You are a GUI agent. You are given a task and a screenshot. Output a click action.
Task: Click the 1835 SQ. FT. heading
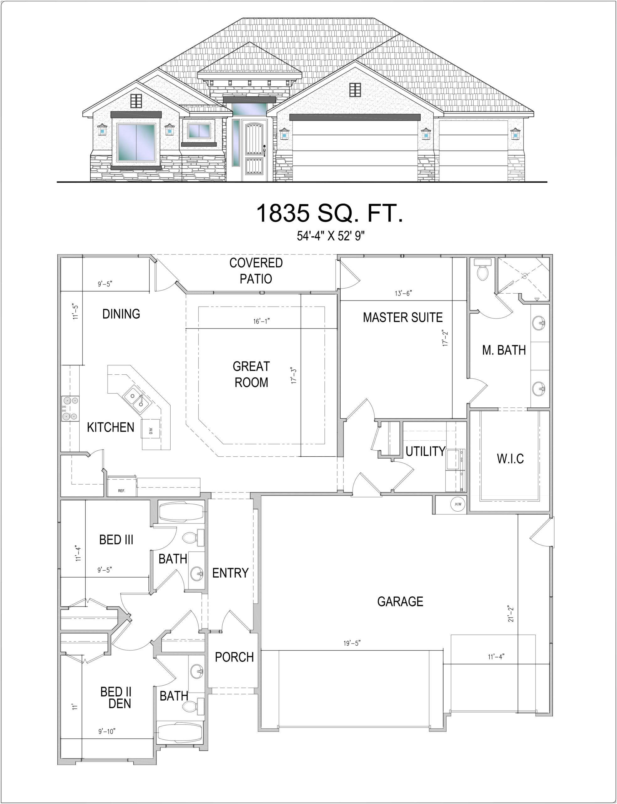coord(329,213)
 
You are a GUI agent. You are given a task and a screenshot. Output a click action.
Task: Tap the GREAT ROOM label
coord(251,374)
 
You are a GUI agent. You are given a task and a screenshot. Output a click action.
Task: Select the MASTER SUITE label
coord(402,317)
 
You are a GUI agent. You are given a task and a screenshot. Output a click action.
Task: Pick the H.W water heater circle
coord(458,504)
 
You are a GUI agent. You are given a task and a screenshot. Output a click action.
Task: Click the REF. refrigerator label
coord(122,491)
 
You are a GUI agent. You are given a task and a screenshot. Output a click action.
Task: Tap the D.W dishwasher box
coord(151,429)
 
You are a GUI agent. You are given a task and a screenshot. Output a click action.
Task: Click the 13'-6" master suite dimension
coord(403,293)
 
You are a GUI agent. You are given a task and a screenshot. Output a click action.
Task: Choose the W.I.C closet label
coord(510,459)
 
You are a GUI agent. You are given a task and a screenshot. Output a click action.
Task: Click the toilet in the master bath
coord(482,269)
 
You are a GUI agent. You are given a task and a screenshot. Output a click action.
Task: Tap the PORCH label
coord(234,657)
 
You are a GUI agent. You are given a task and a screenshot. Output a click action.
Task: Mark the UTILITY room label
coord(425,451)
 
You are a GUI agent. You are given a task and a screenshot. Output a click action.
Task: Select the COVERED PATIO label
coord(256,271)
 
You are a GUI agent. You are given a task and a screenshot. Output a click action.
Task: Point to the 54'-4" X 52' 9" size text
coord(331,236)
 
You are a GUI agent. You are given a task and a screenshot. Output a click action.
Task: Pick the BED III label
coord(116,540)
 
